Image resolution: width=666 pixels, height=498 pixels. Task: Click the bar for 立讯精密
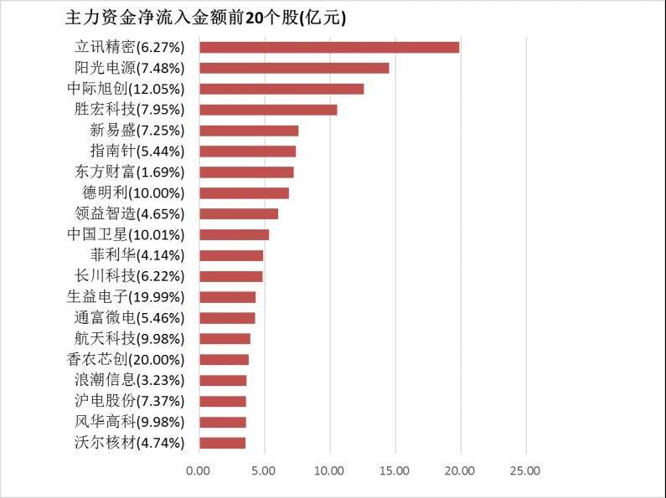point(329,47)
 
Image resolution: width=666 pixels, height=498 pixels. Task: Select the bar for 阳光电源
point(294,68)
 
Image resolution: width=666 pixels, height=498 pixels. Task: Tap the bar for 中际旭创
point(281,89)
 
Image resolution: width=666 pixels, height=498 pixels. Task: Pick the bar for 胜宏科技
point(268,110)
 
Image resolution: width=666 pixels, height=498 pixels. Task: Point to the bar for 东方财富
point(246,172)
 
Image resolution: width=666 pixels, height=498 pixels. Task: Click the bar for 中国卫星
point(234,234)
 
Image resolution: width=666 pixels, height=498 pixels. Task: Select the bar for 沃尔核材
point(222,443)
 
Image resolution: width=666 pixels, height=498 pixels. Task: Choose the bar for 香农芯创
point(224,360)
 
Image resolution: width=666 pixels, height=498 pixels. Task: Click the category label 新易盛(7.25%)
point(137,131)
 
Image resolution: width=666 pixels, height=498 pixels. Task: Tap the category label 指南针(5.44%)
point(137,151)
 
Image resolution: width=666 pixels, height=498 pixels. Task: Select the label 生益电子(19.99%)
point(125,297)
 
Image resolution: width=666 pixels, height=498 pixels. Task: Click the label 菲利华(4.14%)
point(137,255)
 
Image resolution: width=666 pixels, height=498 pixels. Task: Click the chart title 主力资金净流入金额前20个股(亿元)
point(205,18)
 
